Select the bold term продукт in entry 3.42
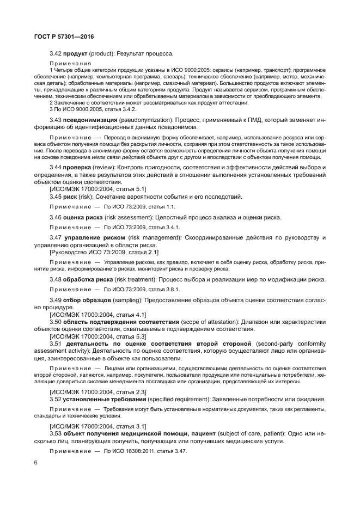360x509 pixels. click(x=75, y=53)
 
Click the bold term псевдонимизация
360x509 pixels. click(x=92, y=119)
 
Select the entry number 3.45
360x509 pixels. click(x=56, y=197)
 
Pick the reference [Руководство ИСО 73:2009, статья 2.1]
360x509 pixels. click(x=103, y=252)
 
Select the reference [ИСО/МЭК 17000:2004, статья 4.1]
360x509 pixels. click(x=97, y=314)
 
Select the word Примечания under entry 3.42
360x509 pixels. click(x=70, y=64)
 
